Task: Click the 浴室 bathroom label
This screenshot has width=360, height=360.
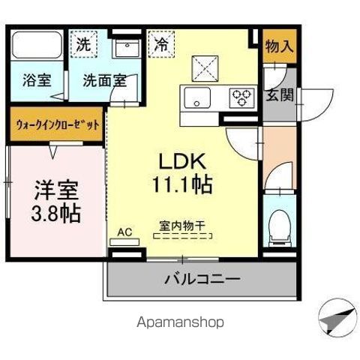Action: coord(36,80)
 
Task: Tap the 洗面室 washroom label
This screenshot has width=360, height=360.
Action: coord(104,80)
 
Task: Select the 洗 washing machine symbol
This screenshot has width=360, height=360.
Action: coord(84,43)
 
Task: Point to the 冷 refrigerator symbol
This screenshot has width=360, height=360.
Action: coord(160,43)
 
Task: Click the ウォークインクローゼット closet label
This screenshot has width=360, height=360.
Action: coord(57,126)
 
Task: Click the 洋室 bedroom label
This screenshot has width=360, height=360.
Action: coord(55,187)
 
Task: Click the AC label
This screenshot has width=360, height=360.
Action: coord(124,232)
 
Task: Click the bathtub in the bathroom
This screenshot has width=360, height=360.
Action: coord(37,47)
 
